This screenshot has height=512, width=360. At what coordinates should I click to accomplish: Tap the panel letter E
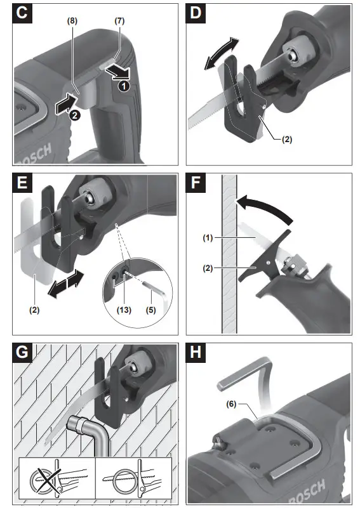(x=22, y=183)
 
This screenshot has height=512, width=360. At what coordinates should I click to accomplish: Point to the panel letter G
(x=22, y=353)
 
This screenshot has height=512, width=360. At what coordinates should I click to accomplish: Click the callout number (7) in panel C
(x=119, y=21)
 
